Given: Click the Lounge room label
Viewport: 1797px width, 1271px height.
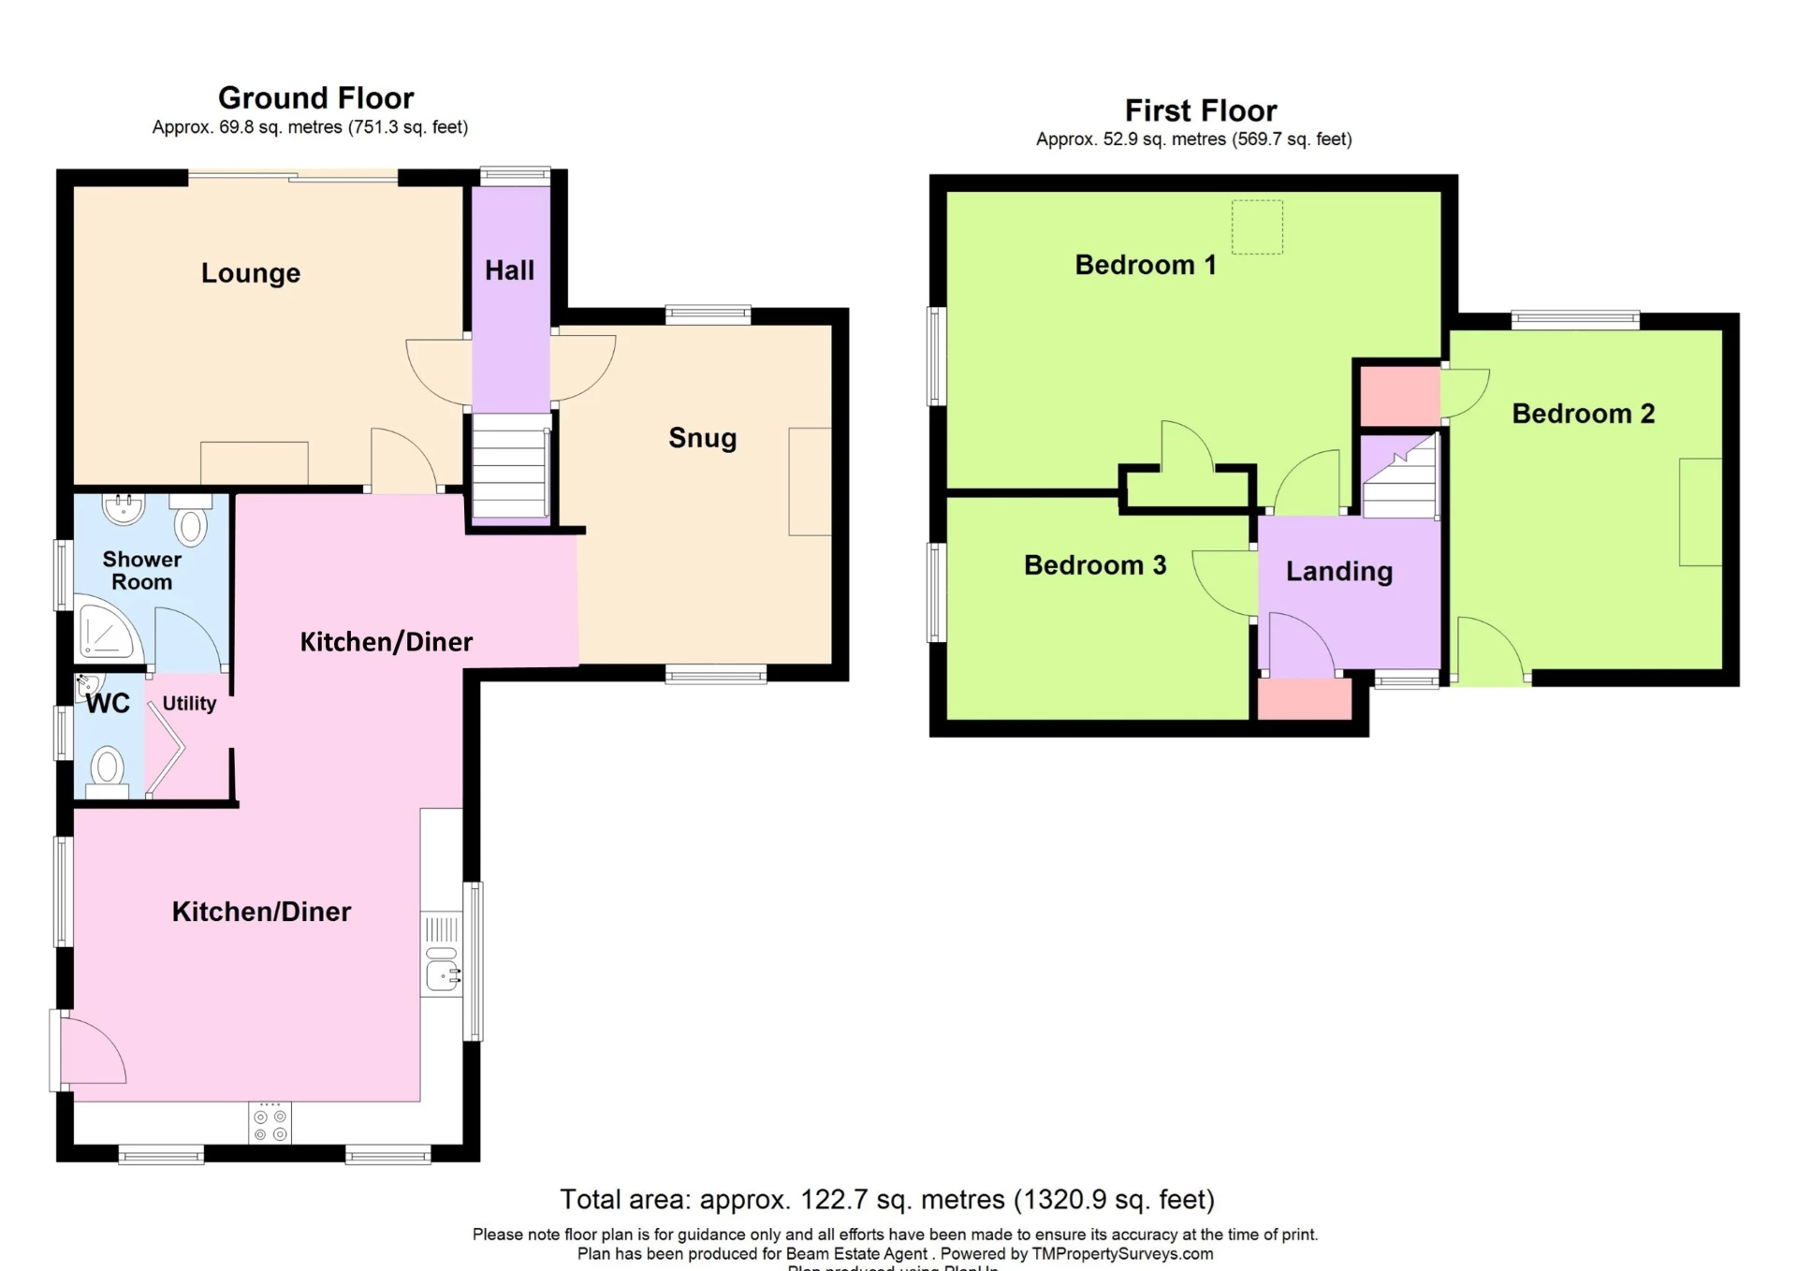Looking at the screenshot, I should click(251, 273).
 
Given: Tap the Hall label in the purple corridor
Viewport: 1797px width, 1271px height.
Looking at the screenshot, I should click(509, 270).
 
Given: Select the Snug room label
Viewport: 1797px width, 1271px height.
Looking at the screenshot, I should click(702, 438).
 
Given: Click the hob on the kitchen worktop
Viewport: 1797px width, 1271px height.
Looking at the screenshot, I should click(270, 1124).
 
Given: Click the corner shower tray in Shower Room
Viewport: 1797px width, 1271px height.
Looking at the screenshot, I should click(105, 634).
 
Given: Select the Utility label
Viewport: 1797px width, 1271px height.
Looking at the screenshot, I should click(189, 704).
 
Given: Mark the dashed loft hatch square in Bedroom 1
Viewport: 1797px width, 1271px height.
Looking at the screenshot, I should click(1257, 226).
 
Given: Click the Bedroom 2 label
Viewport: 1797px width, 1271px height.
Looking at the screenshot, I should click(1583, 414).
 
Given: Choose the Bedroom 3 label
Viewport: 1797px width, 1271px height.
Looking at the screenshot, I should click(1094, 565).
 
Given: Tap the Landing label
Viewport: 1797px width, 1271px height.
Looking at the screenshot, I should click(1338, 572).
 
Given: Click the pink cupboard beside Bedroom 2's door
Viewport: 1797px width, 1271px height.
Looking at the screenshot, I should click(1399, 395).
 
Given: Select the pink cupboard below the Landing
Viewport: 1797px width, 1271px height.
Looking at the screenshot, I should click(1304, 698).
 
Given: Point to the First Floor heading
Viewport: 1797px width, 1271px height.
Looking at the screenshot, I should click(1200, 111).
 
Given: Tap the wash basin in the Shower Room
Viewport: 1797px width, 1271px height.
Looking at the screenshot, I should click(124, 508).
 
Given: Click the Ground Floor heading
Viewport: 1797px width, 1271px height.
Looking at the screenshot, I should click(315, 98).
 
